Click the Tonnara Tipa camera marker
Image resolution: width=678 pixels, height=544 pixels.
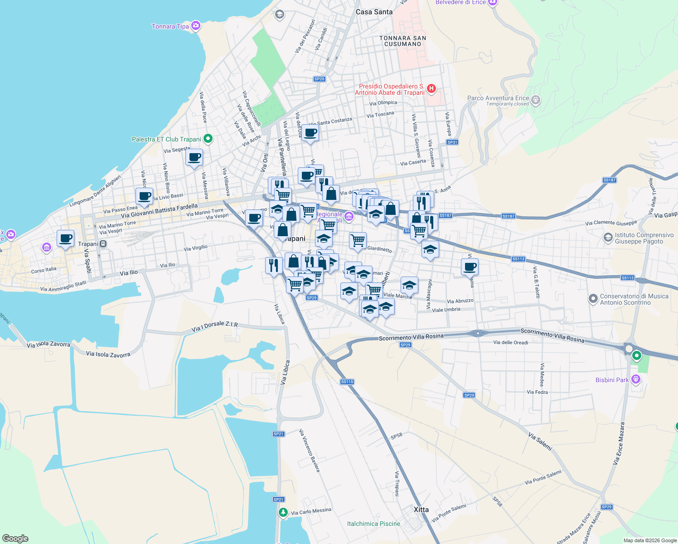(196, 26)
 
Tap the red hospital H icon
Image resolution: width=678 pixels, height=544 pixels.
(431, 89)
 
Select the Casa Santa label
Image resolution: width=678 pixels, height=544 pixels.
(374, 12)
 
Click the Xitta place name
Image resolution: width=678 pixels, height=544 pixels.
(421, 510)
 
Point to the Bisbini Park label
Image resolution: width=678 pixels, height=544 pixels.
(612, 380)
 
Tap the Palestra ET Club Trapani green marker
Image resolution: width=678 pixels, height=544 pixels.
(208, 139)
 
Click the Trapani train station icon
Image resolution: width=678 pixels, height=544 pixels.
(103, 244)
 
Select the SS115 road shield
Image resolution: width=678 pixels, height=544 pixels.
(347, 382)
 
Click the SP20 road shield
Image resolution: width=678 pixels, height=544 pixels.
(319, 79)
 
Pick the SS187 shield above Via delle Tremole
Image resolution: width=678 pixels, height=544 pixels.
(610, 180)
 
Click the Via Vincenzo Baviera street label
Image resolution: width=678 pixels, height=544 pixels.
(310, 451)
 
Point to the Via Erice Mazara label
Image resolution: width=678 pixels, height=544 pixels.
(619, 443)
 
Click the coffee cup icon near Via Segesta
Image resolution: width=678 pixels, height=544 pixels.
(194, 158)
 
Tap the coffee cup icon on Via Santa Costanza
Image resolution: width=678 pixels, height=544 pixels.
(310, 133)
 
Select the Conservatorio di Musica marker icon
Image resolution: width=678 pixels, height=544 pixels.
(593, 299)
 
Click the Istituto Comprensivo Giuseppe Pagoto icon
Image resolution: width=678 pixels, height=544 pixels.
(608, 238)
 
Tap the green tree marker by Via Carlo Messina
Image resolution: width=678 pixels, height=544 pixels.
(283, 512)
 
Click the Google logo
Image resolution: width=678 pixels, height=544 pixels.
(15, 538)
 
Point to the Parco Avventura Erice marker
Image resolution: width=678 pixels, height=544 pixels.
(536, 100)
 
